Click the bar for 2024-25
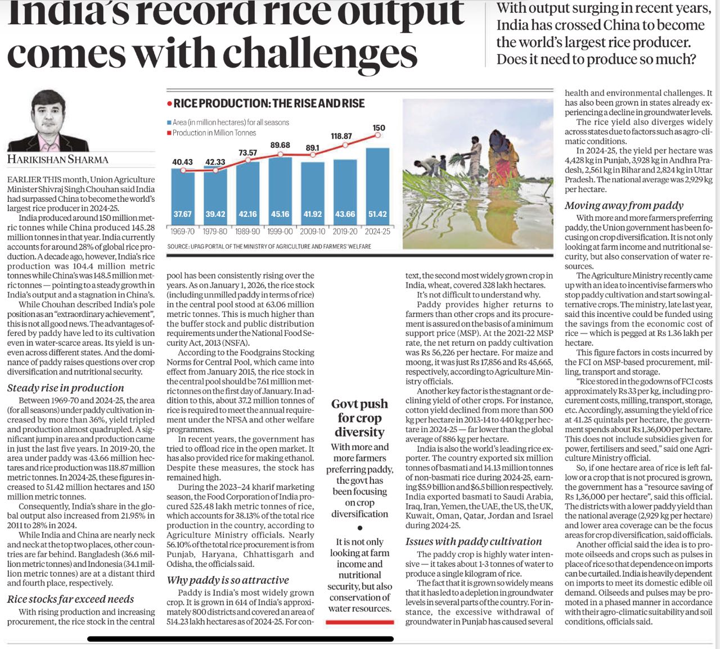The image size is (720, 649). click(x=377, y=185)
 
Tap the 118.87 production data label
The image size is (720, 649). click(x=341, y=136)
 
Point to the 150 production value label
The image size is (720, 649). click(x=379, y=128)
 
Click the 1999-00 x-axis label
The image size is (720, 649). click(x=280, y=231)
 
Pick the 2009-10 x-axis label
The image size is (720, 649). click(x=312, y=231)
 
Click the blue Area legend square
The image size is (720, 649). click(x=169, y=122)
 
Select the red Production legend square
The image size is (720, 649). click(x=169, y=133)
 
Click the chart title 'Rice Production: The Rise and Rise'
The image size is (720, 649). click(x=269, y=103)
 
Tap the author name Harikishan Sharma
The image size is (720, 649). click(x=57, y=160)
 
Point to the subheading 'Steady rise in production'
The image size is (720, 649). click(x=65, y=388)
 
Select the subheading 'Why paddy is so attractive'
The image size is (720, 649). click(x=228, y=580)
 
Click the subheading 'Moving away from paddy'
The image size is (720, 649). click(x=624, y=205)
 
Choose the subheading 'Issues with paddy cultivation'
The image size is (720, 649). click(x=474, y=541)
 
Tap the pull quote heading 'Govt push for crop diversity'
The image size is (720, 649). click(x=359, y=417)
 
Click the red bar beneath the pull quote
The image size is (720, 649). click(x=359, y=622)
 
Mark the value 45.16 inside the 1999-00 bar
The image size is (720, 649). click(x=280, y=214)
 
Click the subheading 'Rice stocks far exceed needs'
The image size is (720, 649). click(x=70, y=599)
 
